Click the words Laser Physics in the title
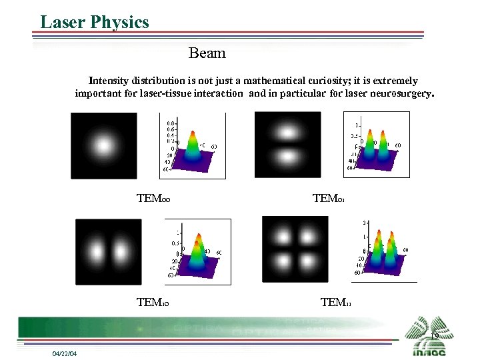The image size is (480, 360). pos(94,22)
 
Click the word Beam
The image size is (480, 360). pos(207,53)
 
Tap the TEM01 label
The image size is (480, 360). pos(328,198)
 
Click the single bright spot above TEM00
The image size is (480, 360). pos(103,145)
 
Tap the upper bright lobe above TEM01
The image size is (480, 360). pos(288,131)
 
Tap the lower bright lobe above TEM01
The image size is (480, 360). pos(288,158)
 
